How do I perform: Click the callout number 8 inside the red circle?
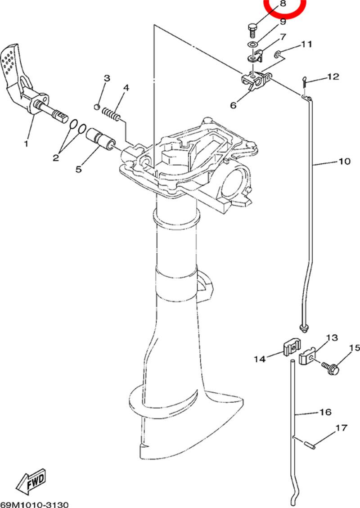(283, 4)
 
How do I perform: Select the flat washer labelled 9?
(252, 44)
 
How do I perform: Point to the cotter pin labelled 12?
(305, 81)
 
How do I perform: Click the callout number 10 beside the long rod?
(344, 161)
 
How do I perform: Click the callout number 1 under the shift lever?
(26, 143)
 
